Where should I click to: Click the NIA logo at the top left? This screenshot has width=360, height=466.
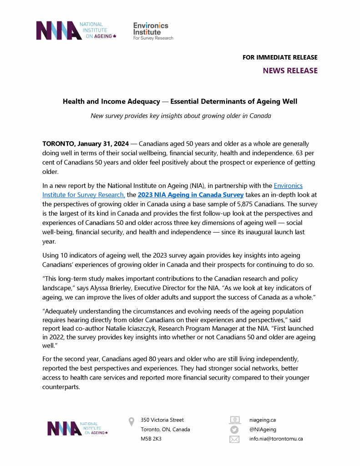tap(76, 30)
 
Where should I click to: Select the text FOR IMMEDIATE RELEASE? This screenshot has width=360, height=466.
tap(280, 57)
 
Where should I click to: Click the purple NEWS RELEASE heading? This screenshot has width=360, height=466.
tap(290, 71)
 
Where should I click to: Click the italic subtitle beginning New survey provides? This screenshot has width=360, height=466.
tap(181, 116)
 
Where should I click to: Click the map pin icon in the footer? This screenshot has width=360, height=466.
tap(132, 421)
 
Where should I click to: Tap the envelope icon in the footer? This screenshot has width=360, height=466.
tap(234, 439)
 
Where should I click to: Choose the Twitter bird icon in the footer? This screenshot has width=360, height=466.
tap(234, 430)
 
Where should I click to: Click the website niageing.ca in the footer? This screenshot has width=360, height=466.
tap(263, 420)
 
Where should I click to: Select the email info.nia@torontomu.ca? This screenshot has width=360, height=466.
tap(276, 439)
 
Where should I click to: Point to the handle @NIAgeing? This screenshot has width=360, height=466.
tap(263, 430)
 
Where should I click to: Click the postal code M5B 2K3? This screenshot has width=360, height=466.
tap(151, 439)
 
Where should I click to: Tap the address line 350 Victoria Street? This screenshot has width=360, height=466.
tap(162, 420)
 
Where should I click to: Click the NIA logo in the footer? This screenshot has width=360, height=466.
tap(77, 429)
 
